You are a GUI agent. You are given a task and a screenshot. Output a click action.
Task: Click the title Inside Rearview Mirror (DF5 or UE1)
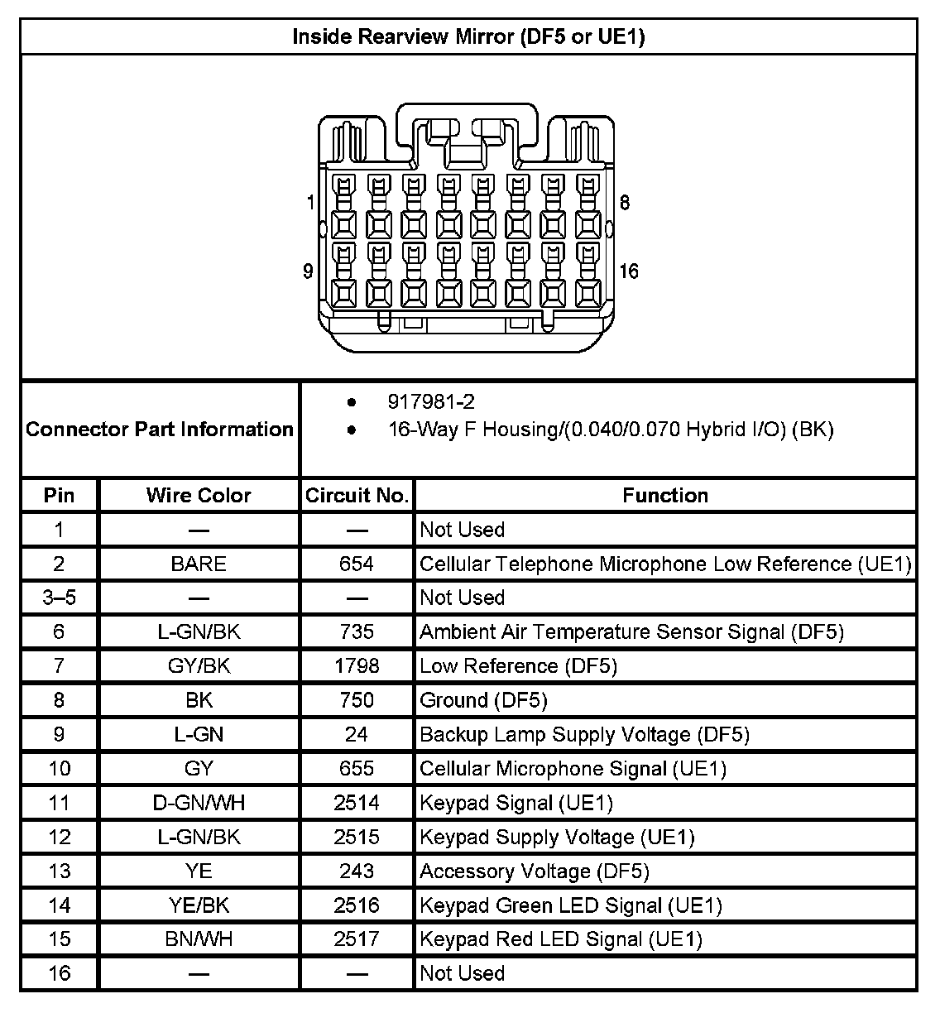click(x=468, y=36)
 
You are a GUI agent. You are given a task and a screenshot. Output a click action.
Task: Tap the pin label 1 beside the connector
click(x=310, y=202)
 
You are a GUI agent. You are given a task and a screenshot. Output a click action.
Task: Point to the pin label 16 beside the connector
click(x=629, y=271)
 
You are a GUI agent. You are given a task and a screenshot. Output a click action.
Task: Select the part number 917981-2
click(x=431, y=402)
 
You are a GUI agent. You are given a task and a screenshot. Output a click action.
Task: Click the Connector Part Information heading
click(x=160, y=429)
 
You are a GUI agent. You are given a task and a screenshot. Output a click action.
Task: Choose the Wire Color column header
click(x=199, y=495)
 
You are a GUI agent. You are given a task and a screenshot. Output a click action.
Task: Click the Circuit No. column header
click(x=357, y=495)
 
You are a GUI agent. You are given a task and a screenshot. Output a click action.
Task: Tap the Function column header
click(x=665, y=495)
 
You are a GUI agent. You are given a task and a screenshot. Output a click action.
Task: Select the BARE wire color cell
click(x=199, y=564)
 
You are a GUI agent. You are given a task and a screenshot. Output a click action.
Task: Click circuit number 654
click(x=357, y=564)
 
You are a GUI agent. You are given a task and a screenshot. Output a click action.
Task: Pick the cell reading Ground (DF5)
click(x=484, y=700)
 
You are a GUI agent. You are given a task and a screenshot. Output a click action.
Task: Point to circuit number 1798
click(x=357, y=666)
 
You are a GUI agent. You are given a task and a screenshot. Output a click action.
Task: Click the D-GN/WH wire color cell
click(x=199, y=803)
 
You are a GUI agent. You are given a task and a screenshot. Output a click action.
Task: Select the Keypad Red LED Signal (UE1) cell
click(x=561, y=939)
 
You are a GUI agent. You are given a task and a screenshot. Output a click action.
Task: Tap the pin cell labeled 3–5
click(x=59, y=598)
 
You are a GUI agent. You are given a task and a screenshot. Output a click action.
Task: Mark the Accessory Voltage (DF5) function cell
click(x=535, y=871)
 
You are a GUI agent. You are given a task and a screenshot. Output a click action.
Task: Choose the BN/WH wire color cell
click(x=199, y=939)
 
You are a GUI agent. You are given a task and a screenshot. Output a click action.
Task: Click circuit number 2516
click(x=357, y=905)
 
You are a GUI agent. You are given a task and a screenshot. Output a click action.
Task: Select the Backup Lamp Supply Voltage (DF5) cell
click(x=585, y=735)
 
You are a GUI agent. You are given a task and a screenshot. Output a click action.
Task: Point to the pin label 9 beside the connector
click(x=308, y=271)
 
